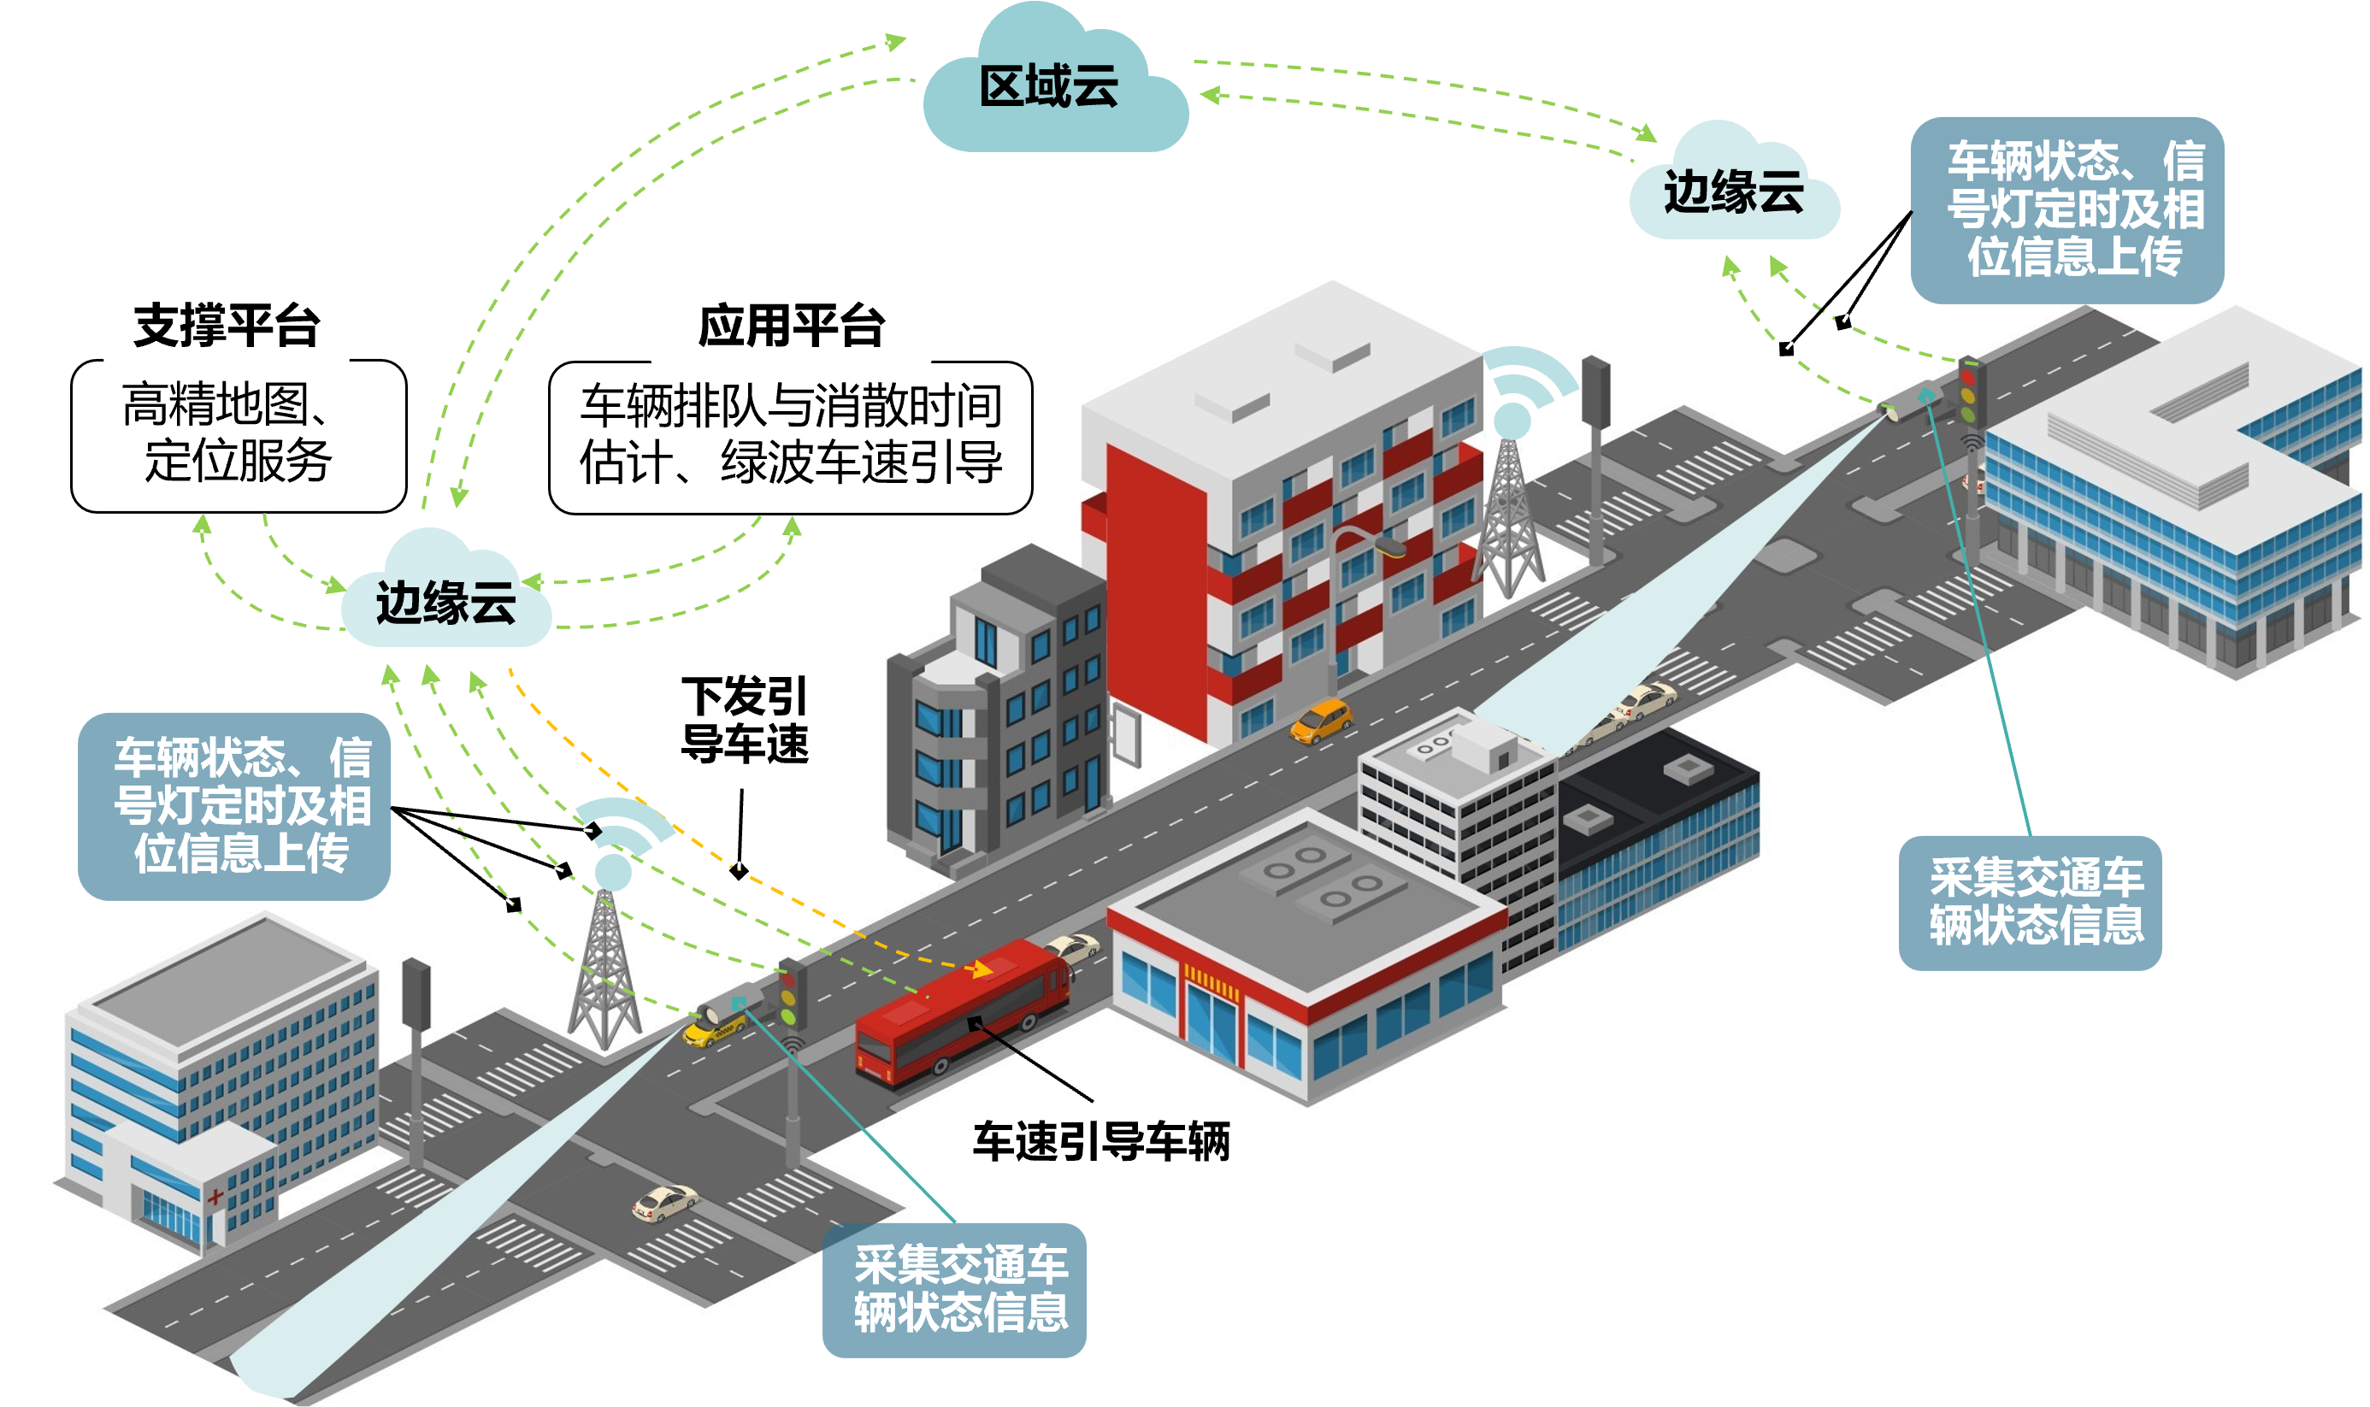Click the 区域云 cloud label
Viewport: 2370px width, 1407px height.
click(1049, 88)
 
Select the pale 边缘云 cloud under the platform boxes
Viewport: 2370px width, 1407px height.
click(445, 602)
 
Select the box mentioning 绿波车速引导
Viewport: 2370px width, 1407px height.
click(791, 436)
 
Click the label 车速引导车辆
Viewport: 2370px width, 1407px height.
click(1100, 1140)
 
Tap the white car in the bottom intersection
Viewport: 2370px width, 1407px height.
click(664, 1202)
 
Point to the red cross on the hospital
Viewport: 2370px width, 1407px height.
click(216, 1197)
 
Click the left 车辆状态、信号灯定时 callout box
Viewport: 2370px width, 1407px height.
click(235, 806)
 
